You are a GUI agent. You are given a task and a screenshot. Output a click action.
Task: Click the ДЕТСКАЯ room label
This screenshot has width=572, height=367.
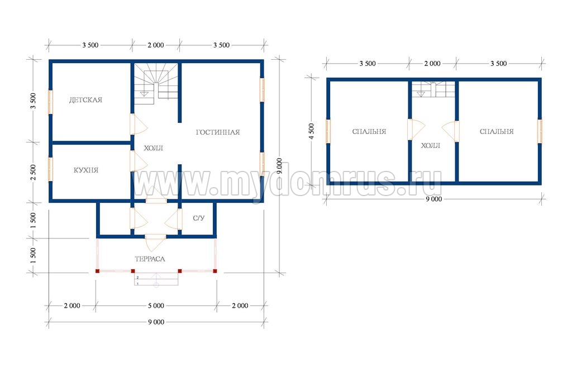coord(85,100)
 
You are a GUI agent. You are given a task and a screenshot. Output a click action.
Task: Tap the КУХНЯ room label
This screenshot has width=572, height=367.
coord(85,170)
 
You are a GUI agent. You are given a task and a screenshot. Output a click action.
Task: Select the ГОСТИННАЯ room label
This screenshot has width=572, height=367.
coord(218,132)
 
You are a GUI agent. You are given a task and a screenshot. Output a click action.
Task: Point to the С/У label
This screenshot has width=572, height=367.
coord(198,218)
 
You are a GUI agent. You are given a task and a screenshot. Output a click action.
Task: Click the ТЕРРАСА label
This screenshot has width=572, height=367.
coord(150,259)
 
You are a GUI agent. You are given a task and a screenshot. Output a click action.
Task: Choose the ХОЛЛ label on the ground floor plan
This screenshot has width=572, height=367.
coord(153,148)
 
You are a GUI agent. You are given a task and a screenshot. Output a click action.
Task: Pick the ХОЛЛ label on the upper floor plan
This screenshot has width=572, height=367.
coord(431,146)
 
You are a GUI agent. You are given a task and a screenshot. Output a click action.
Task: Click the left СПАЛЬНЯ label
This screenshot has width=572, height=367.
coord(369,132)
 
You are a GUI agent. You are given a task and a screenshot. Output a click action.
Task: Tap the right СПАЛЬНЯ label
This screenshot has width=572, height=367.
coord(497,132)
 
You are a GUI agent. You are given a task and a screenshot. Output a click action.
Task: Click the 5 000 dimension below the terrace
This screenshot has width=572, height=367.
coord(156,306)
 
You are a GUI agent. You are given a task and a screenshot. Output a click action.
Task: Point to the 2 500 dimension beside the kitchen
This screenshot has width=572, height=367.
coord(33,172)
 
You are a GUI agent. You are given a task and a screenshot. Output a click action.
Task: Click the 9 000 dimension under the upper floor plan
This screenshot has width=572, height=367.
coord(433,199)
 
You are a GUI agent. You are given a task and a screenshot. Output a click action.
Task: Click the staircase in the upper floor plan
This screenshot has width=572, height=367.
coord(433,89)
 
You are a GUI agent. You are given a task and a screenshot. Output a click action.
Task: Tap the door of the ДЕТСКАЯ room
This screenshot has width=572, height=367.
coord(138,124)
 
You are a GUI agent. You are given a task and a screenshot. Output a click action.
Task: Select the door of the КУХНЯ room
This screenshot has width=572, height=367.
coord(138,161)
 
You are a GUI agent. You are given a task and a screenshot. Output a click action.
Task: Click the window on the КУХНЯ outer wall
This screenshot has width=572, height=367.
coord(50,169)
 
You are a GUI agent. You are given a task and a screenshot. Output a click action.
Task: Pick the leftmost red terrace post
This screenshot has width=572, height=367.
coord(97,271)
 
